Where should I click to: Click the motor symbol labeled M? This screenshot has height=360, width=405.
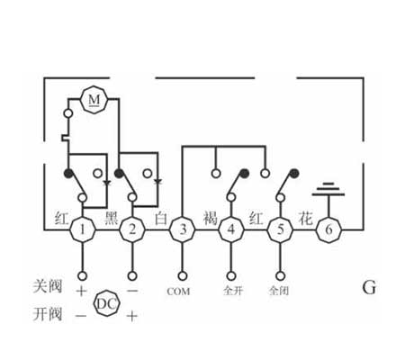[x=94, y=100]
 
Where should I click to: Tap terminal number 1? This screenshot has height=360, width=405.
[x=83, y=229]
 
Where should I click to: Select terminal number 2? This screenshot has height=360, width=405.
[x=132, y=229]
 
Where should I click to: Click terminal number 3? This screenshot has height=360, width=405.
[x=182, y=229]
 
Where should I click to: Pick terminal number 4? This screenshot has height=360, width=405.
[x=231, y=229]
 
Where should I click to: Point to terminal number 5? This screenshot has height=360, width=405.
[x=280, y=229]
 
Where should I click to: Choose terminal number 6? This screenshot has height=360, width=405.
[x=329, y=229]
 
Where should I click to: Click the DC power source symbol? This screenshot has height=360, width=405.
[x=107, y=303]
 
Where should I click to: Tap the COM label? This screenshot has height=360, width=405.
[x=178, y=292]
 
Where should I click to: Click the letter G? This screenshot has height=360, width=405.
[x=369, y=288]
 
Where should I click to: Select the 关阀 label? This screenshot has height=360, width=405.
[x=48, y=286]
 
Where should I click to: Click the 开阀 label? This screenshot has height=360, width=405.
[x=48, y=314]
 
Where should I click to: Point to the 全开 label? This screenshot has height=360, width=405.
[x=233, y=291]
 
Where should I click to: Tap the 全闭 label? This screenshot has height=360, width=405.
[x=279, y=291]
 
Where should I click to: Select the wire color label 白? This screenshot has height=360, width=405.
[x=161, y=218]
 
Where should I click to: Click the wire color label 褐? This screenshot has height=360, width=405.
[x=210, y=218]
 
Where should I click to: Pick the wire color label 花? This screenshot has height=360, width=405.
[x=305, y=218]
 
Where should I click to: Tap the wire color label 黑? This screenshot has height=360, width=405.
[x=112, y=218]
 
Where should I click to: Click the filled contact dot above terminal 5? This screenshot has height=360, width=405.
[x=294, y=173]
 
